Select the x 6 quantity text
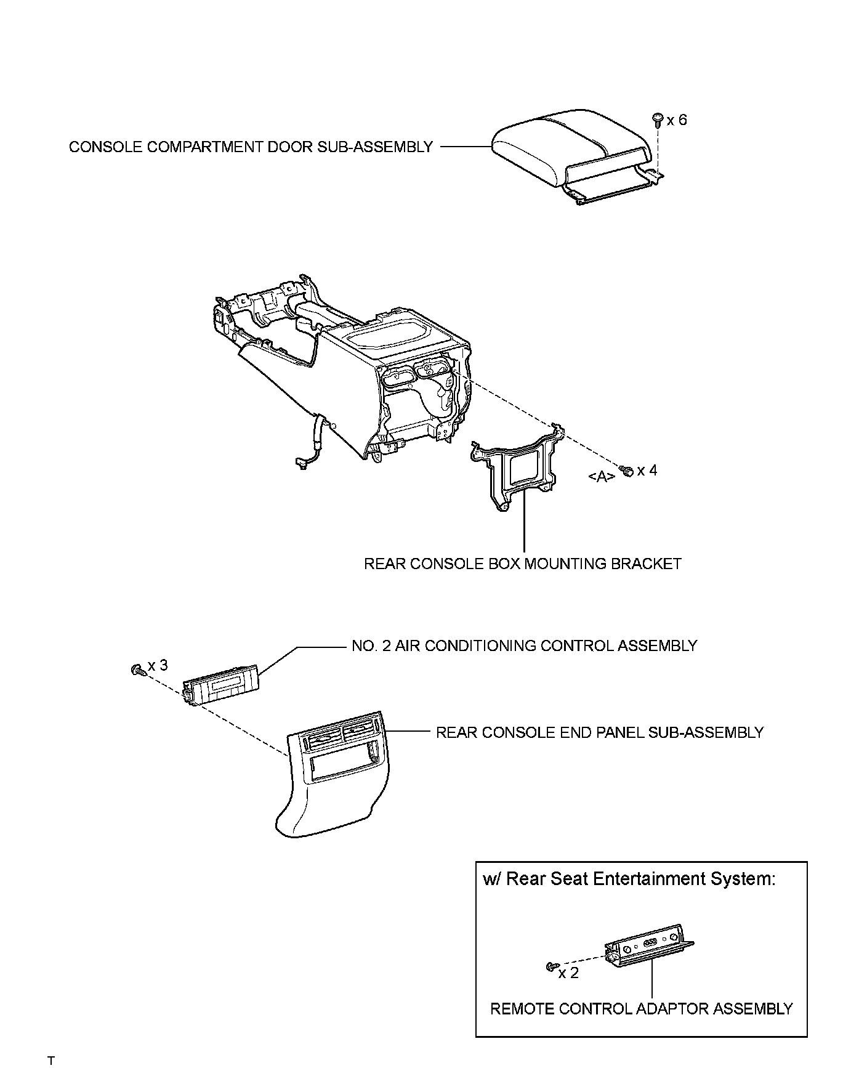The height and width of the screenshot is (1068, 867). point(677,120)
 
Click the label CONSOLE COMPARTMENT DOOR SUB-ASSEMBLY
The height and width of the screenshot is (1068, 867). point(251,147)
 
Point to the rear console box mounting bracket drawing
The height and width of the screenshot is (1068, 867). point(517,468)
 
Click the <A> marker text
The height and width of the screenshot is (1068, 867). point(602,476)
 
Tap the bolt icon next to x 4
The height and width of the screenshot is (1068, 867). point(627,471)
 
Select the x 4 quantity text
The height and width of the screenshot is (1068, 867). point(647,471)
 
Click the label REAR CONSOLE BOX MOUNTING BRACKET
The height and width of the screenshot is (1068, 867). point(522,564)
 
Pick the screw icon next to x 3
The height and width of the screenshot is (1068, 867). point(138,670)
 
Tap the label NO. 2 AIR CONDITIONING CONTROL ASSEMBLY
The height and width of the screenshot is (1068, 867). point(524,645)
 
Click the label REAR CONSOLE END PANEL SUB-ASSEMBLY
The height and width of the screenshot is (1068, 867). point(599,732)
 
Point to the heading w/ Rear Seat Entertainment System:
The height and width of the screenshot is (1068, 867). point(629,878)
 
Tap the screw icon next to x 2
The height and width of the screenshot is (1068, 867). point(552,966)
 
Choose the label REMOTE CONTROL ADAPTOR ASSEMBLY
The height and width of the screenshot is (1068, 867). point(641,1009)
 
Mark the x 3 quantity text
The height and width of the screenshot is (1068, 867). point(157,666)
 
